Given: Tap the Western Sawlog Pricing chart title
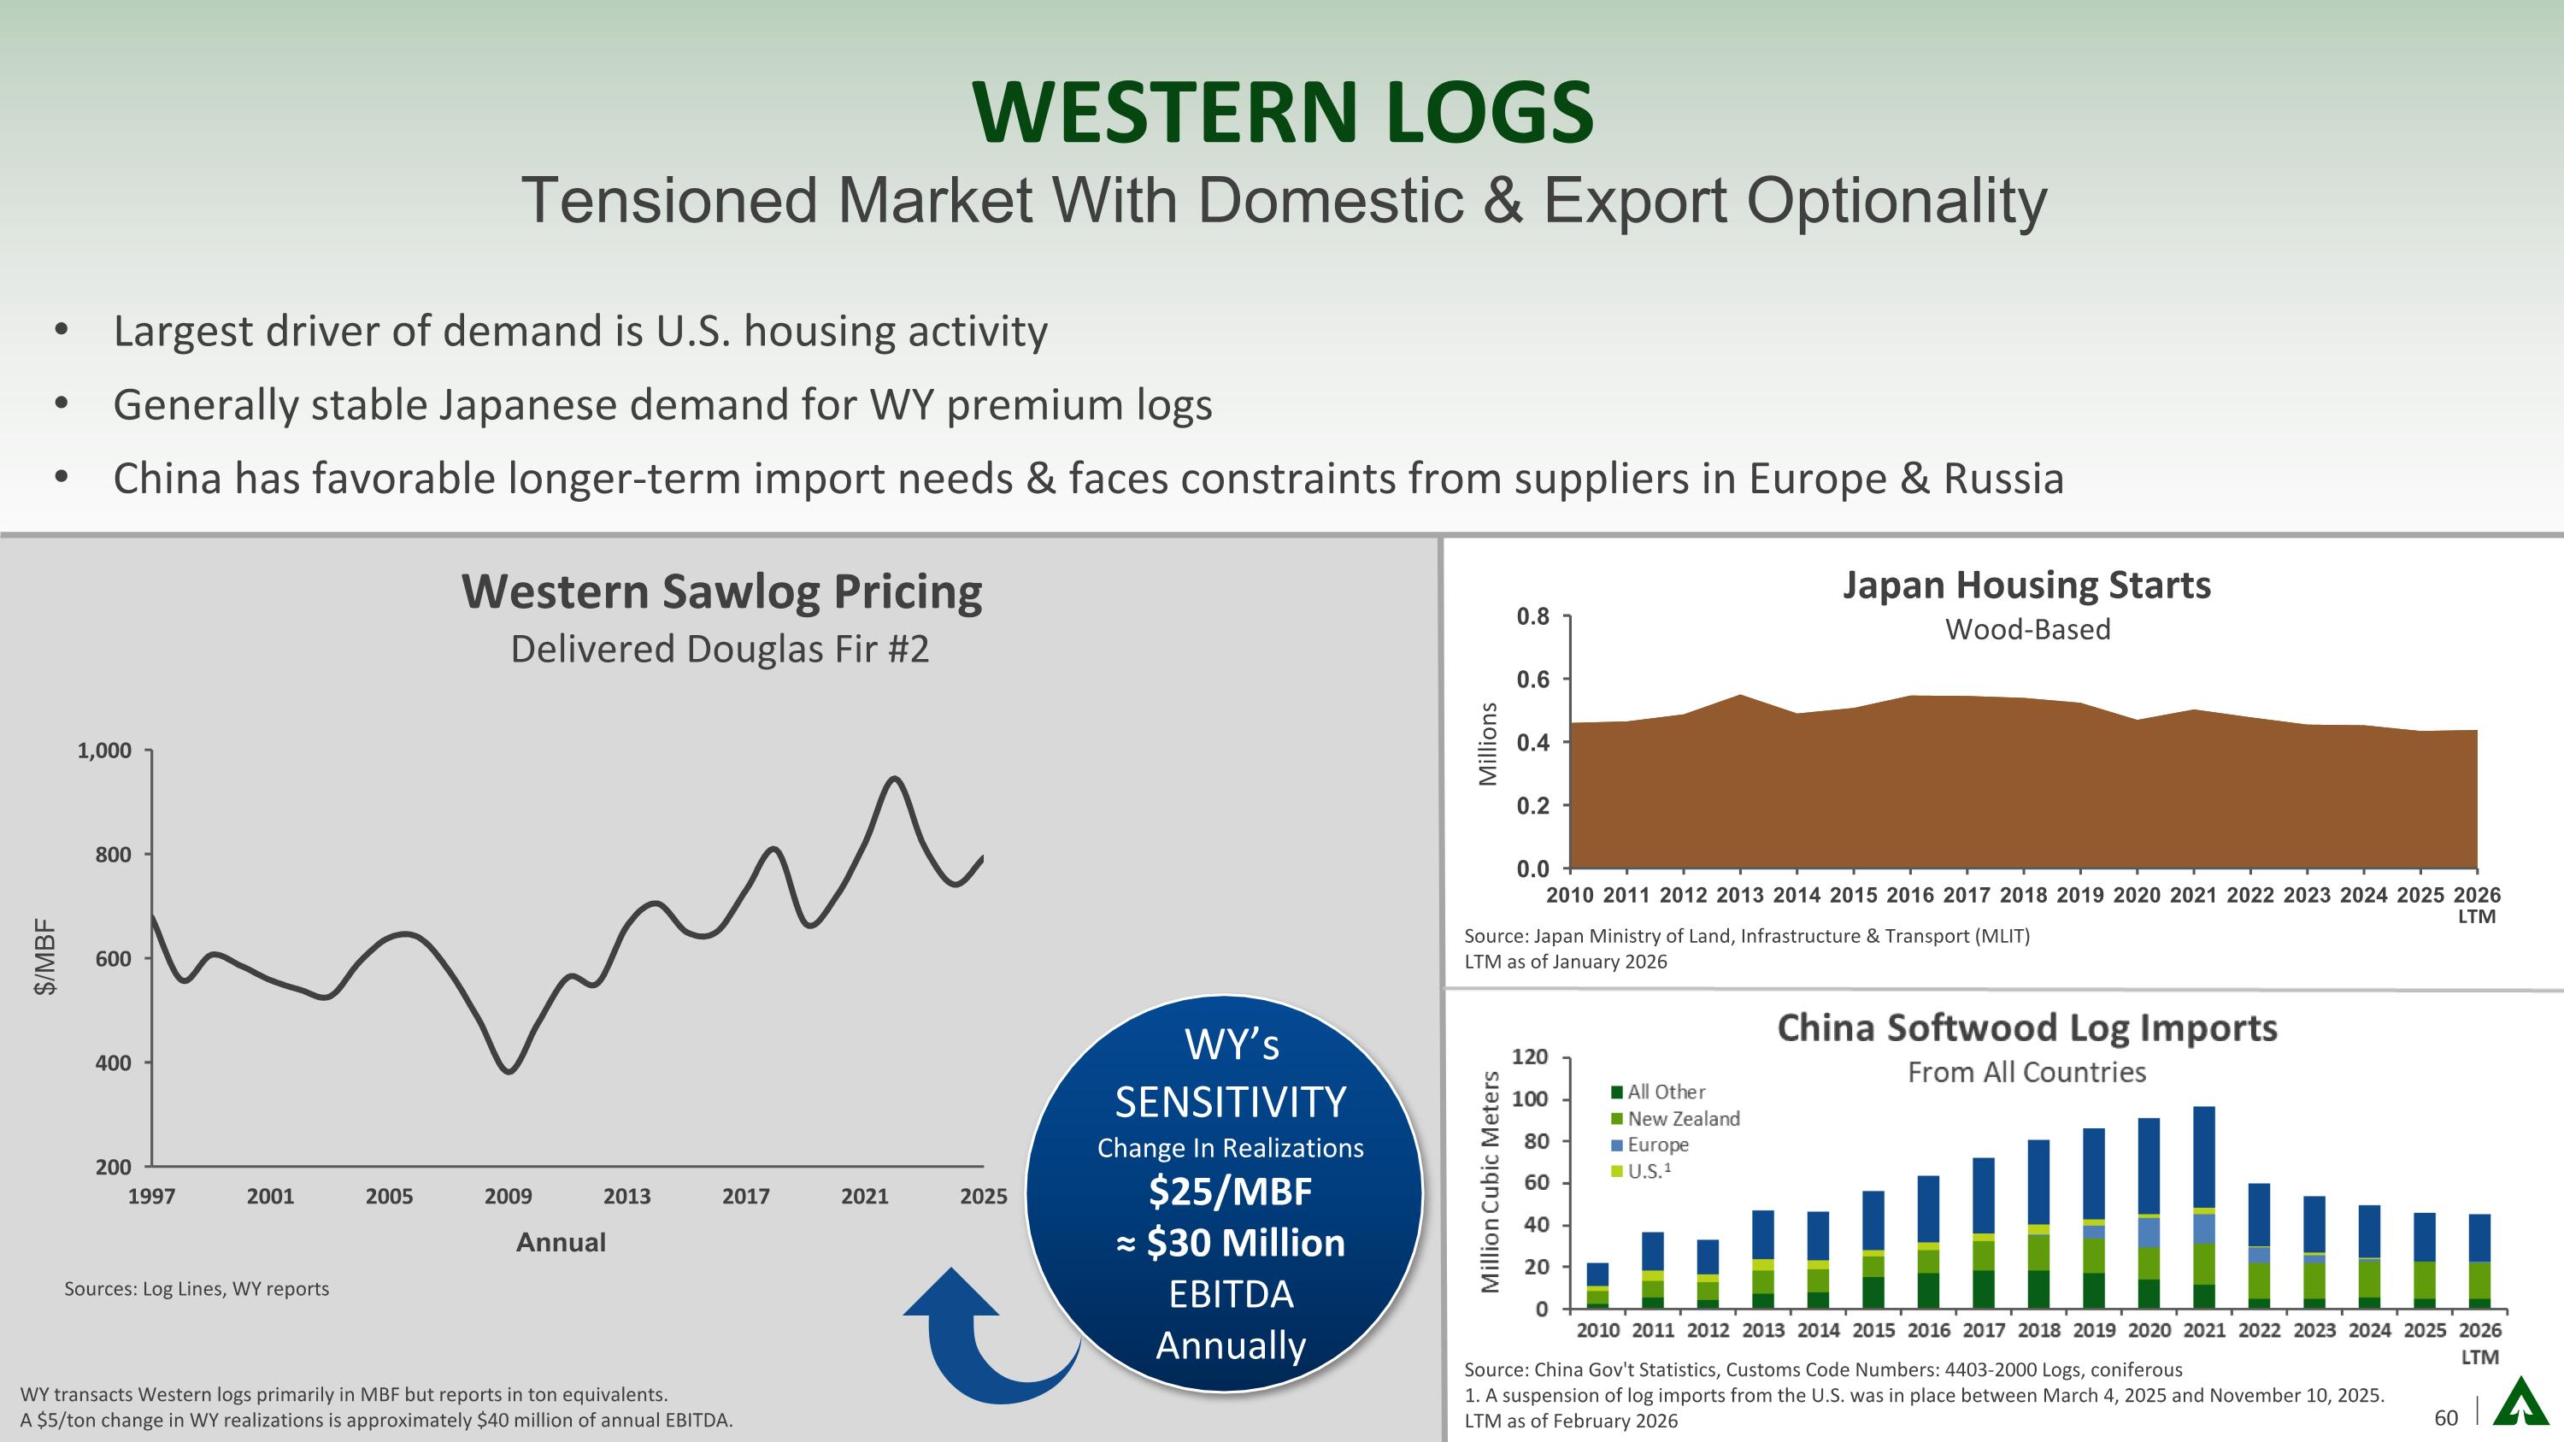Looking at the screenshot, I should tap(721, 592).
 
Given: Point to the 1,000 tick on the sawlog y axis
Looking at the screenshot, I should tap(104, 750).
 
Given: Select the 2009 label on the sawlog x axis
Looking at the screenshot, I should tap(508, 1196).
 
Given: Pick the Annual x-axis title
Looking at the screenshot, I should tap(561, 1242).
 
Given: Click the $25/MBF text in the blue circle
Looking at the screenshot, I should tap(1230, 1192).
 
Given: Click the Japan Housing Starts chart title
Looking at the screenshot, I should tap(2026, 586).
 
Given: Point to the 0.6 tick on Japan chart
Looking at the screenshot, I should tap(1532, 680).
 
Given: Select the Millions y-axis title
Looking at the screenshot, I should tap(1488, 744).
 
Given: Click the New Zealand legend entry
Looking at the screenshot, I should tap(1682, 1119).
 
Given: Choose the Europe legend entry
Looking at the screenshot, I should tap(1657, 1145).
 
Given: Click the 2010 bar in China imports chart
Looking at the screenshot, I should tap(1597, 1286).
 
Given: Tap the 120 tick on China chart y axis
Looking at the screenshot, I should tap(1530, 1056).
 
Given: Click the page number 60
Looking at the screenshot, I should tap(2445, 1417).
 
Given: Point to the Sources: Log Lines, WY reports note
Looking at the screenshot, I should tap(196, 1289).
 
